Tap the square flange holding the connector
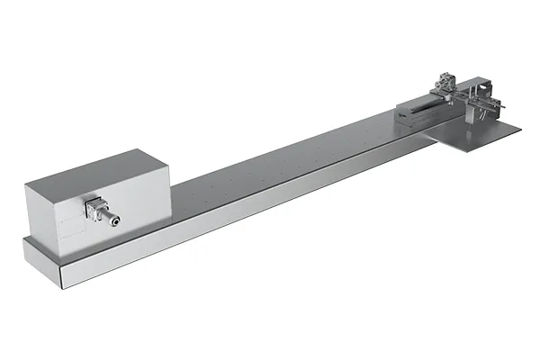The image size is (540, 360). (92, 210)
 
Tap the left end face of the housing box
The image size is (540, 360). (40, 211)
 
